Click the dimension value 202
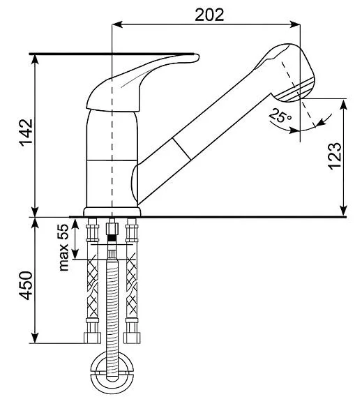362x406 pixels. pyautogui.click(x=209, y=15)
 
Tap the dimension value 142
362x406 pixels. pyautogui.click(x=27, y=133)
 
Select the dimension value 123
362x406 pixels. pyautogui.click(x=335, y=156)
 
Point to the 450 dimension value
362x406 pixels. pyautogui.click(x=27, y=285)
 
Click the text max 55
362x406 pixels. pyautogui.click(x=63, y=248)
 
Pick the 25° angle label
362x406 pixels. pyautogui.click(x=280, y=116)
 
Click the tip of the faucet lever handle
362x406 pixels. pyautogui.click(x=197, y=57)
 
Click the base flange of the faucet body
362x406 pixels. pyautogui.click(x=112, y=211)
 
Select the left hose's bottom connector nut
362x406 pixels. pyautogui.click(x=93, y=338)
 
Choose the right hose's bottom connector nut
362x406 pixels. pyautogui.click(x=132, y=338)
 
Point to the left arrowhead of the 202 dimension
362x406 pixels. pyautogui.click(x=116, y=24)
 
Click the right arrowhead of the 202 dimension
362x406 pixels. pyautogui.click(x=295, y=24)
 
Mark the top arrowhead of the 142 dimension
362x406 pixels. pyautogui.click(x=35, y=59)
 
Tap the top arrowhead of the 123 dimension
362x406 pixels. pyautogui.click(x=343, y=104)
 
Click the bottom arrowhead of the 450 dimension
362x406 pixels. pyautogui.click(x=35, y=338)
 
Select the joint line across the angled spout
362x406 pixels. pyautogui.click(x=182, y=149)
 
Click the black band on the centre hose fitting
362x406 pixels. pyautogui.click(x=112, y=238)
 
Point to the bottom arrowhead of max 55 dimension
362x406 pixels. pyautogui.click(x=75, y=254)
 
